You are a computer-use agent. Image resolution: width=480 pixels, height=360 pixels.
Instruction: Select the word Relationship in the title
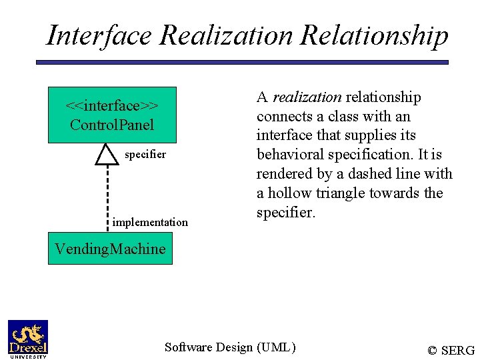tap(375, 35)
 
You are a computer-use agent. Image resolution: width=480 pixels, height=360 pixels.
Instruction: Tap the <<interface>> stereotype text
tap(112, 106)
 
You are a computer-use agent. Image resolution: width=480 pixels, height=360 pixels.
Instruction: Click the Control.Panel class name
tap(112, 125)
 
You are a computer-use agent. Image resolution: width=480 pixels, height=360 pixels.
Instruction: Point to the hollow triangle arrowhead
tap(107, 154)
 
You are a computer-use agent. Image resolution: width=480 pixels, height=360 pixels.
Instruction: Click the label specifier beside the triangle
tap(145, 154)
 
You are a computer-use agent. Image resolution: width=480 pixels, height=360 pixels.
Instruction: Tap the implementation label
tap(150, 222)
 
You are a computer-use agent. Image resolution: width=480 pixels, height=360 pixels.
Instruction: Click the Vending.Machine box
tap(110, 249)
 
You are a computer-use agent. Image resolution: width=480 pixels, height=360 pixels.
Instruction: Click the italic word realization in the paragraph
tap(307, 97)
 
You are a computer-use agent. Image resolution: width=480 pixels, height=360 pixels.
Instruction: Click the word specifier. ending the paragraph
tap(284, 213)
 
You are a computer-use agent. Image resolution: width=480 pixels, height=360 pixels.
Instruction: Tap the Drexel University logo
tap(28, 339)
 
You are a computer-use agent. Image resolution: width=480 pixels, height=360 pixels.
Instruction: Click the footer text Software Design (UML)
tap(230, 347)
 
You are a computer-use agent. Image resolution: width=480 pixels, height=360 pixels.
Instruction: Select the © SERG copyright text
tap(451, 350)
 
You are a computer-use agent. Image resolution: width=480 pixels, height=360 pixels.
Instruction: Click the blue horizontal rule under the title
tap(242, 62)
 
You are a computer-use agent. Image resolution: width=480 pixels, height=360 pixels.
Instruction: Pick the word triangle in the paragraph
tap(353, 193)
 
